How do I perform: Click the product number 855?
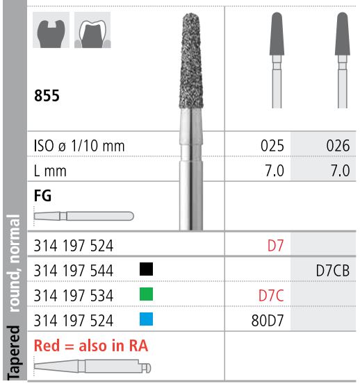click(47, 96)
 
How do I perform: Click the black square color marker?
click(147, 268)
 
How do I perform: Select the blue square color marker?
click(147, 321)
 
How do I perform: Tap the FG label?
click(42, 196)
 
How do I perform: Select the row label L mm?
click(49, 170)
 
